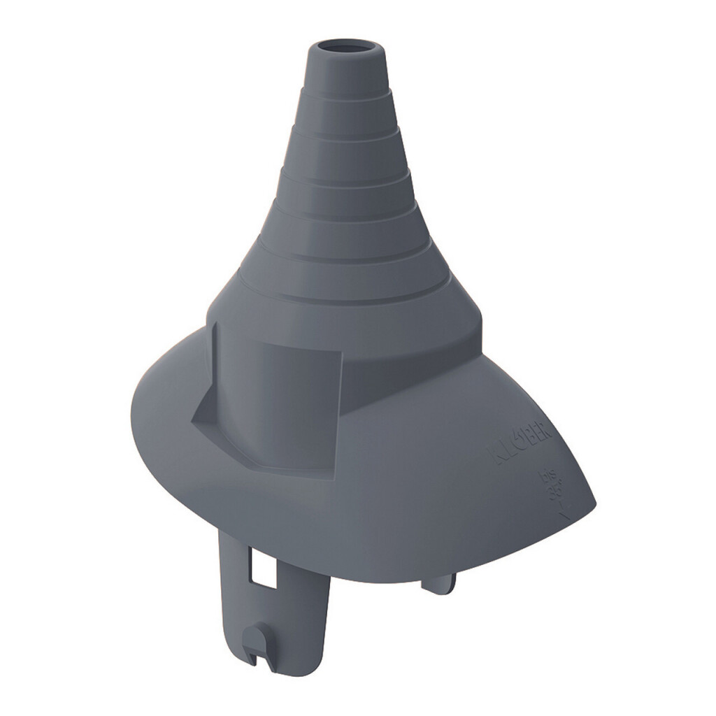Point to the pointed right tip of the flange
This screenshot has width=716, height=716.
[x=595, y=503]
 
